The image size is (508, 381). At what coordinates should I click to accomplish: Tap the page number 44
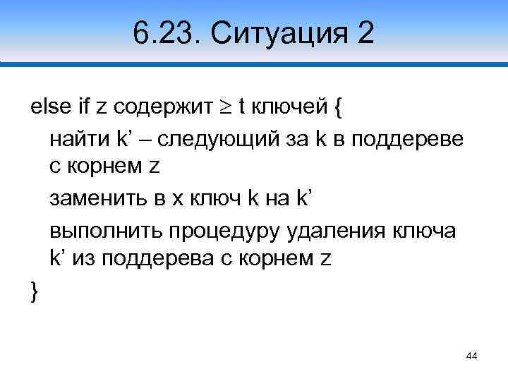pos(472,357)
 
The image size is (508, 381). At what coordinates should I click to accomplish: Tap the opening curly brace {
pos(338,108)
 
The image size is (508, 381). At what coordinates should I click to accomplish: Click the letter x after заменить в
pos(175,200)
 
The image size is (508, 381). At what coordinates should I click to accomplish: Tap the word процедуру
pos(222,229)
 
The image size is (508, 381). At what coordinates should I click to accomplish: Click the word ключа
pos(425,229)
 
